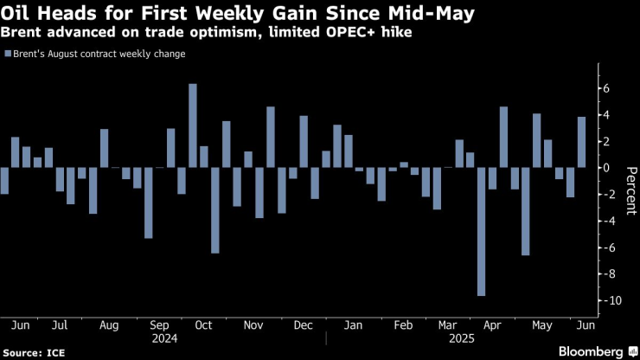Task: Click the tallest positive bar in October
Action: coord(193,125)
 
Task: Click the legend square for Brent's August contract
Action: coord(7,54)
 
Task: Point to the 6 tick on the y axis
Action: coord(608,88)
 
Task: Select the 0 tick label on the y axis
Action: coord(608,168)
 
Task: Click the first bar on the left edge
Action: coord(4,181)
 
